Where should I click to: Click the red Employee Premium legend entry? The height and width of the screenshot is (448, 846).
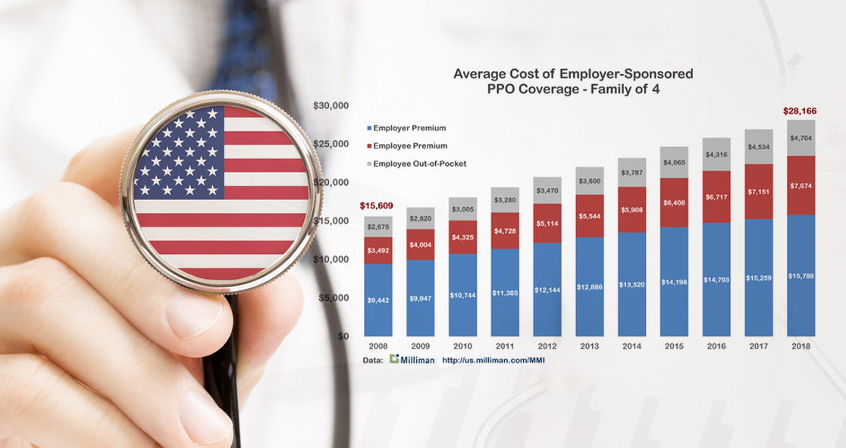tap(406, 146)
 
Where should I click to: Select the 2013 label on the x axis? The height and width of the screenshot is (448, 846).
tap(589, 346)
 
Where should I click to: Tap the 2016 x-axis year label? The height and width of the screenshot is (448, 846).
tap(716, 346)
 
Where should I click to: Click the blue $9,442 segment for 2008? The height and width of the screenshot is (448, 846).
tap(378, 300)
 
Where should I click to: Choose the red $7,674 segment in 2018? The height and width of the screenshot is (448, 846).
tap(801, 185)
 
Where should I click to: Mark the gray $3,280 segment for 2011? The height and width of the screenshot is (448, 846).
tap(505, 199)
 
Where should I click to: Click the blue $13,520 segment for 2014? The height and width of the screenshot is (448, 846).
tap(631, 284)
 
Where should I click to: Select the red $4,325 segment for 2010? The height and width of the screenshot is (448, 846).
tap(462, 237)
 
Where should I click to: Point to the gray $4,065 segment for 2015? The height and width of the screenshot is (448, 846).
tap(674, 162)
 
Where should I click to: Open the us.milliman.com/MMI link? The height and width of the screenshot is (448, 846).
tap(493, 360)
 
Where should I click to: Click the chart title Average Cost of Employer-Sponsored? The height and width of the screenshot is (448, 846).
tap(573, 74)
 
